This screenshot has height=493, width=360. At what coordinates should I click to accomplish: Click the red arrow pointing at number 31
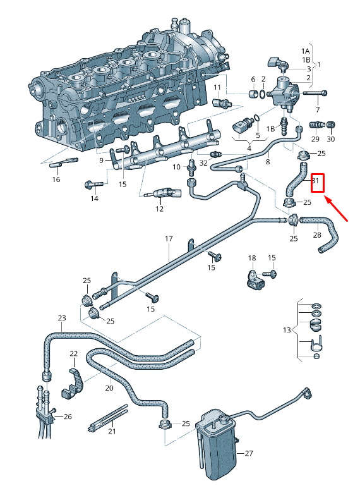336,209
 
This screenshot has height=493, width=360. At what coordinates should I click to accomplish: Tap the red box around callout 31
317,183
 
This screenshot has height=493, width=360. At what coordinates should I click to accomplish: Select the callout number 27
249,453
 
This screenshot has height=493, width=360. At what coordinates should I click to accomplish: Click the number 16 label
56,180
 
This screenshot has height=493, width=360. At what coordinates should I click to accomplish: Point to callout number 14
94,198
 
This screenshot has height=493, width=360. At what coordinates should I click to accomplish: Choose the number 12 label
160,209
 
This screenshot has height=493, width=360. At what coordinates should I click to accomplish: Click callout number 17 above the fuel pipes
169,239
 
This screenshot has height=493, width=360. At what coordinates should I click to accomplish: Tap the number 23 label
62,317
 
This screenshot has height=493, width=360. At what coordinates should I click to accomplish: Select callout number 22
73,353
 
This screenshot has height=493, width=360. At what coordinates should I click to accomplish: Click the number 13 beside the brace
287,330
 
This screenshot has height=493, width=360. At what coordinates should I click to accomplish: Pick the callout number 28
317,234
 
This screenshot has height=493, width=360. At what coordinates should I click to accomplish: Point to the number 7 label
318,110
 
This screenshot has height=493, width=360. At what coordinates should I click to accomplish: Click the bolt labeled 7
315,93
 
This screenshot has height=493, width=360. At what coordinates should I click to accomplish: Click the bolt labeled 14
93,185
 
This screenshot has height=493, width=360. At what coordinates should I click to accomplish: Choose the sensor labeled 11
222,102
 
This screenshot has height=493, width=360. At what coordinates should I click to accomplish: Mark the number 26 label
68,417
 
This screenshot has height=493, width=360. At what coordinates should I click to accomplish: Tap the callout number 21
112,431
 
